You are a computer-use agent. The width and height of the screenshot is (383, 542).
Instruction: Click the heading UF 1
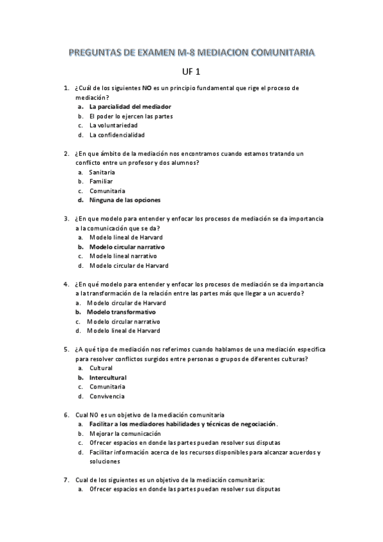click(x=191, y=72)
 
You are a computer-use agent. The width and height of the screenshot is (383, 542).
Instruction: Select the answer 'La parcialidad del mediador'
click(x=130, y=107)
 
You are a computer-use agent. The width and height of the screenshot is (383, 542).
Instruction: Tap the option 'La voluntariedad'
click(x=113, y=125)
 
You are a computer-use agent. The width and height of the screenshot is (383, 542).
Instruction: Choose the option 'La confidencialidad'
click(x=117, y=135)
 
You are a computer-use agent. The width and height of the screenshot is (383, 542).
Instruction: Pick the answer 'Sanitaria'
click(x=102, y=173)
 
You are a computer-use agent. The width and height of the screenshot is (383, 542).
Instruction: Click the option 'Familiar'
click(x=101, y=182)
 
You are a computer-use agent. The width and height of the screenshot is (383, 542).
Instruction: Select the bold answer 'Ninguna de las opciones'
click(x=125, y=200)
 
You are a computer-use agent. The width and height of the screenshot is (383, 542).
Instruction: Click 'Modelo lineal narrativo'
click(x=123, y=256)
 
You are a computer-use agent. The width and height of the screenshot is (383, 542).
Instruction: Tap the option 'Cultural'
click(x=101, y=368)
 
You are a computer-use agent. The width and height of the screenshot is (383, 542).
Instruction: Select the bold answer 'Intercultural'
click(x=107, y=377)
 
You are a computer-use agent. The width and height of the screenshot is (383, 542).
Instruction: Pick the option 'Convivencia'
click(x=107, y=396)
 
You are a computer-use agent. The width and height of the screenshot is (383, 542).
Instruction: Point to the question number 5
click(x=66, y=349)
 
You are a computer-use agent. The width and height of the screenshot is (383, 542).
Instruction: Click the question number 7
click(x=66, y=480)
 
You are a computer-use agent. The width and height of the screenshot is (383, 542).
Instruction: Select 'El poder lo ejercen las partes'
click(x=130, y=116)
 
